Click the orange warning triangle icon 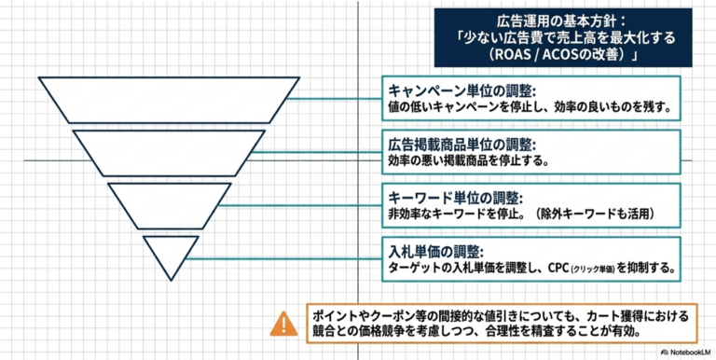point(283,324)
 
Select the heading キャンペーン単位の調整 point(461,90)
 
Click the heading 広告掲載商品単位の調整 point(461,145)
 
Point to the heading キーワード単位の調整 point(455,199)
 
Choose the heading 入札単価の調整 point(435,252)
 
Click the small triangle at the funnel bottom point(171,256)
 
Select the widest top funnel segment point(169,100)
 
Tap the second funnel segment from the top point(169,153)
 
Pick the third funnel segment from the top point(170,206)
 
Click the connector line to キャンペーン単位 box point(335,98)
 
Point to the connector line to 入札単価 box point(283,259)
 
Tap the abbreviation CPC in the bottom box point(558,268)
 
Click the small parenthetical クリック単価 point(592,269)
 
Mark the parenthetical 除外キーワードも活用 point(596,214)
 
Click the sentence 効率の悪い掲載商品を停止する point(468,160)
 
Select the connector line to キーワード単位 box point(300,205)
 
